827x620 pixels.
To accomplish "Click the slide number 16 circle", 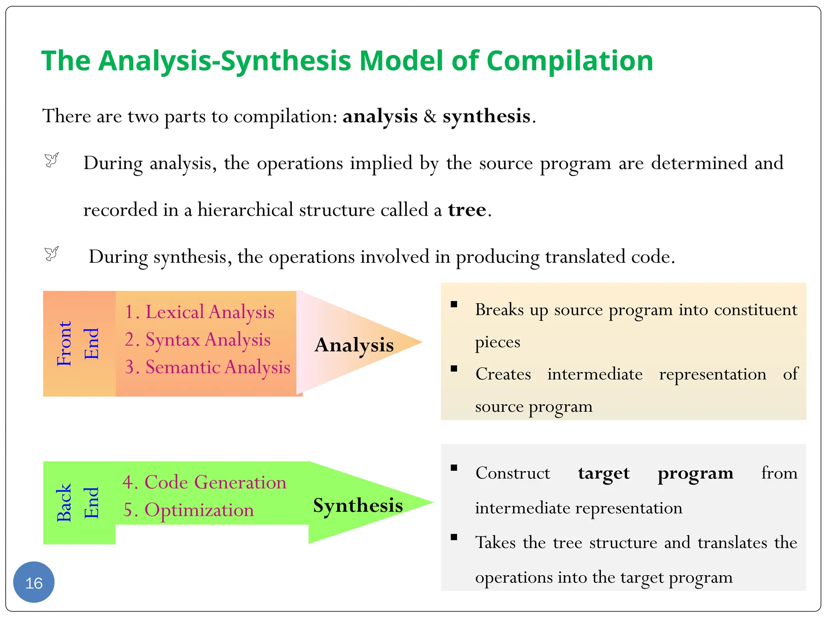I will click(x=34, y=582).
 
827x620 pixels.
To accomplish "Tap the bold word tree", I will click(x=467, y=210).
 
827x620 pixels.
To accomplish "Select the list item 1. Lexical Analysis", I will click(x=199, y=312).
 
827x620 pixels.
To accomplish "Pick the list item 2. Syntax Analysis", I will click(x=197, y=339).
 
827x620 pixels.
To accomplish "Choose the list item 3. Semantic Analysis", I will click(x=207, y=367).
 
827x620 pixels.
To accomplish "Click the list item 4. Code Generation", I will click(x=204, y=482).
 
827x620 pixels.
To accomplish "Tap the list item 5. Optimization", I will click(x=189, y=510).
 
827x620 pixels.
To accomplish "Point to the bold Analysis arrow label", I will click(x=354, y=345).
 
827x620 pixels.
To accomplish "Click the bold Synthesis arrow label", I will click(x=358, y=505).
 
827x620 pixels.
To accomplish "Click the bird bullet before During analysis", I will click(x=52, y=160).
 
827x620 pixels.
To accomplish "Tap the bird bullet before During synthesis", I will click(x=52, y=254).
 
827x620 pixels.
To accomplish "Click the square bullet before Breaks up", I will click(x=454, y=304).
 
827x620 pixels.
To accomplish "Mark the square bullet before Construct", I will click(x=454, y=468).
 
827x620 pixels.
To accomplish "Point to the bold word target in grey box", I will click(x=603, y=473).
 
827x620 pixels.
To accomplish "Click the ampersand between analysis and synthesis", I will click(x=430, y=116).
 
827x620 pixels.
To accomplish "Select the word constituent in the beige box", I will click(x=756, y=310).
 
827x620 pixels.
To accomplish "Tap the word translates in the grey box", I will click(x=732, y=542).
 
